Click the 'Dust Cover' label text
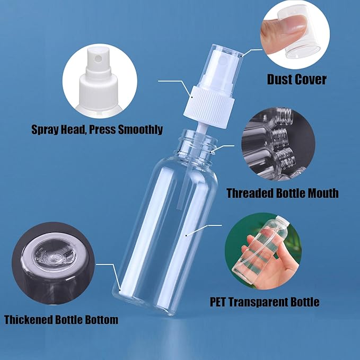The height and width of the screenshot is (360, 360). click(x=296, y=80)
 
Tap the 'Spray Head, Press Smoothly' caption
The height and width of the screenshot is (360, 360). click(x=97, y=129)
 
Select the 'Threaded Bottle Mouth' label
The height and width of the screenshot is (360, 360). click(x=282, y=192)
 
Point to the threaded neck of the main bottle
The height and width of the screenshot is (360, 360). click(x=196, y=144)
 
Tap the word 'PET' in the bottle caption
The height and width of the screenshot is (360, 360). click(x=218, y=302)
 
